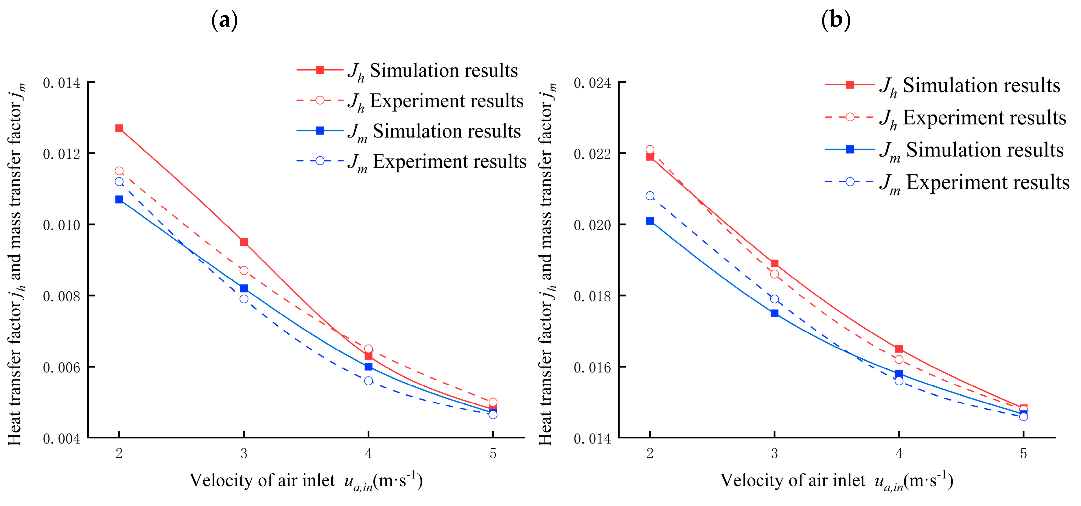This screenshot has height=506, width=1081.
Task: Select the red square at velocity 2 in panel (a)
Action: point(119,128)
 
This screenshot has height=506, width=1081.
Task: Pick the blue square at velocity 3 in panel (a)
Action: point(244,288)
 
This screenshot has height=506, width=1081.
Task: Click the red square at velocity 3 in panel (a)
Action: point(244,242)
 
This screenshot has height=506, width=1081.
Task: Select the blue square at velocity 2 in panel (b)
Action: point(650,221)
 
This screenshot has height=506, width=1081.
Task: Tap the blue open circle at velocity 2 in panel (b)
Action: point(650,196)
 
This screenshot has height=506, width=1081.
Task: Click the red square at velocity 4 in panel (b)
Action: point(899,349)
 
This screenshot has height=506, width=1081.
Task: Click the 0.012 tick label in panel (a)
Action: point(61,154)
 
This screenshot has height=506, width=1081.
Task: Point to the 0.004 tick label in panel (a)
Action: point(61,438)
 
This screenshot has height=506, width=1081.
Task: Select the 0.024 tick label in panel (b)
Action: point(592,83)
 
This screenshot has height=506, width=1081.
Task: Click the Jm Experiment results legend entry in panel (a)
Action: point(411,162)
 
